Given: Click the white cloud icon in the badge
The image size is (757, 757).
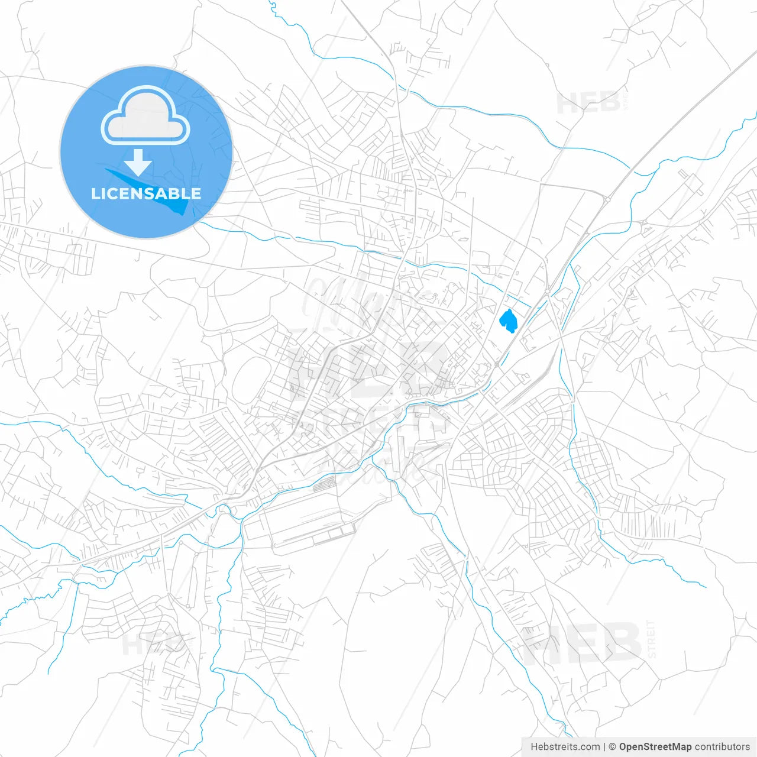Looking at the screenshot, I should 145,117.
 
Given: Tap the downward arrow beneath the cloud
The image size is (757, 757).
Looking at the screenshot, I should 138,163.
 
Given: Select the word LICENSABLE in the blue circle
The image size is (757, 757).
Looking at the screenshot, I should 145,193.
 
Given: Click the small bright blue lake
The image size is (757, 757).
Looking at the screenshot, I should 508,321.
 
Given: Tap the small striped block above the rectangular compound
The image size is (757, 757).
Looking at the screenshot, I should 324,486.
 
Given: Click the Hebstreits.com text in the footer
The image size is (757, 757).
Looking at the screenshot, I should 565,747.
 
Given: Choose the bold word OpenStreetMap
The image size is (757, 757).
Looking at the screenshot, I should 655,747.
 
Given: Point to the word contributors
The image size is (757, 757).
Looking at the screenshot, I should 722,747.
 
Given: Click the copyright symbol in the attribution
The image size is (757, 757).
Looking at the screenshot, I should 613,747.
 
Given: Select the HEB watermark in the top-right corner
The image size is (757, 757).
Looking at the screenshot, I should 588,103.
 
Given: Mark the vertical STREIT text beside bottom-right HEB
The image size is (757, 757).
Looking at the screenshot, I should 651,639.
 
